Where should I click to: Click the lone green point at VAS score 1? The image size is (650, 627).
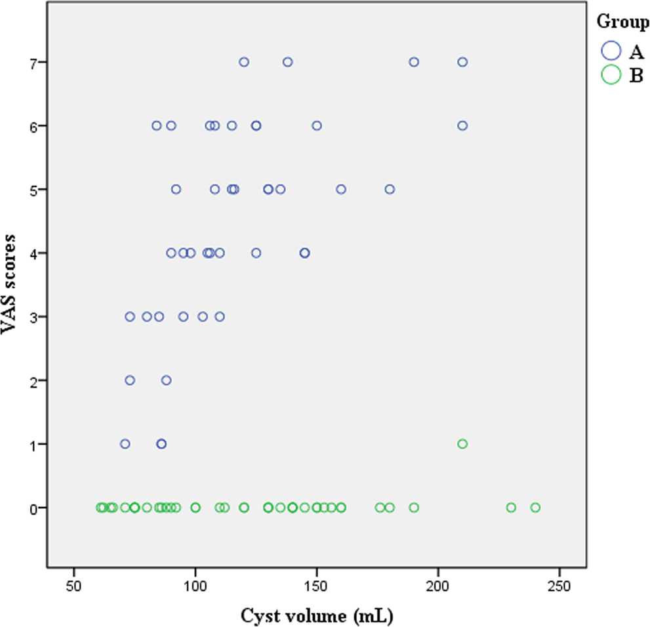(x=462, y=444)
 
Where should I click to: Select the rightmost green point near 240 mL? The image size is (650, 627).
(x=535, y=508)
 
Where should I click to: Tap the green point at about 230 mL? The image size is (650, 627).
(x=511, y=508)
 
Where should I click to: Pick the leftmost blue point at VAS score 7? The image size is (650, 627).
(x=244, y=62)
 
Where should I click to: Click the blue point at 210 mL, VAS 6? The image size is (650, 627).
(x=462, y=125)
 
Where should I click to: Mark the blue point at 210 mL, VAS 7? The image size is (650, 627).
(x=462, y=62)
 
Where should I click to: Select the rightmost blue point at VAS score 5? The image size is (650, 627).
(x=390, y=189)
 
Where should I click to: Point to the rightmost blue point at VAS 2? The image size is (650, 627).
(x=167, y=380)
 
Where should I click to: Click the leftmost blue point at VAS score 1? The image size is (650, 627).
(x=125, y=444)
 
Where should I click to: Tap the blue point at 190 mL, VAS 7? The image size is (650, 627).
(x=414, y=62)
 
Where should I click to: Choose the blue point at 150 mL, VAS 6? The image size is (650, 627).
(x=317, y=125)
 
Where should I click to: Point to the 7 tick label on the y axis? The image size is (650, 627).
(x=32, y=62)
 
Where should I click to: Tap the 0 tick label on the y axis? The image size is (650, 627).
(x=32, y=508)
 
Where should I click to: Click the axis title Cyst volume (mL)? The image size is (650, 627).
(x=317, y=615)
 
